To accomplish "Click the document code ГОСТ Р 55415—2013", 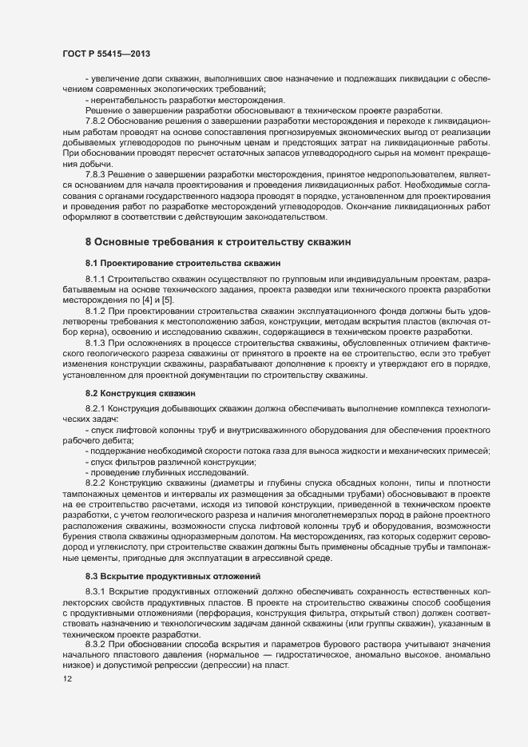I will tap(106, 53).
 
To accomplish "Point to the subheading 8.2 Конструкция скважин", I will tap(140, 393).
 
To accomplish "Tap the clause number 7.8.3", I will tap(97, 173).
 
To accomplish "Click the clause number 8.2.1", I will tap(97, 408).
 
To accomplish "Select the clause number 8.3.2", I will tap(97, 643).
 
